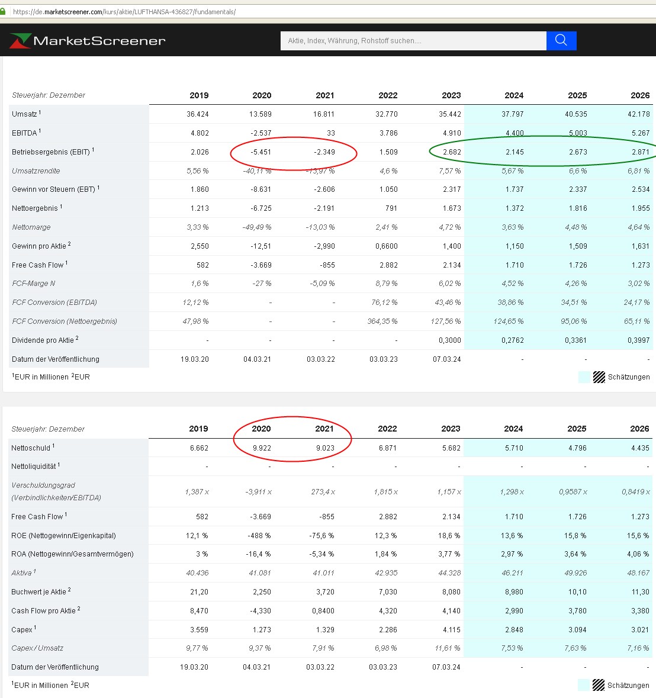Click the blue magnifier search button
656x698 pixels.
(x=561, y=40)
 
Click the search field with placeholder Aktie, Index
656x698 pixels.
(x=413, y=41)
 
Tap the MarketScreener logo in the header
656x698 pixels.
(x=88, y=40)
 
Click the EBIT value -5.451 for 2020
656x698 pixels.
(x=261, y=152)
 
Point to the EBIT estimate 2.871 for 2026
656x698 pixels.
(x=639, y=152)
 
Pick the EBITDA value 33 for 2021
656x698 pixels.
(x=330, y=133)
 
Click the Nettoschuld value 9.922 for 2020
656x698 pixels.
(x=262, y=448)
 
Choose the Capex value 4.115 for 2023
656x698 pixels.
(x=451, y=630)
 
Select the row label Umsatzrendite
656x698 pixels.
(x=36, y=171)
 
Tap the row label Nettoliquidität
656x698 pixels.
(x=34, y=467)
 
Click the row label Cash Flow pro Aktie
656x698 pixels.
(x=43, y=611)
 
